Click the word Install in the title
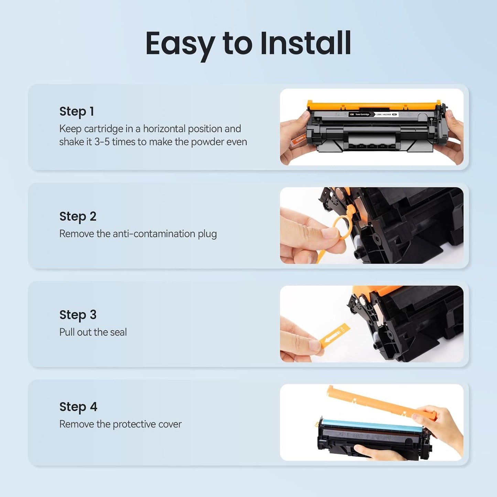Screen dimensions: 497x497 (x=305, y=43)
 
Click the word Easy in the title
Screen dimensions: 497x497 (x=180, y=44)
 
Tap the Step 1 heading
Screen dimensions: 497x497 (x=76, y=111)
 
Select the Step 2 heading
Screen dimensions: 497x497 (x=78, y=216)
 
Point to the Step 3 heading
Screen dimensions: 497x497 (x=78, y=315)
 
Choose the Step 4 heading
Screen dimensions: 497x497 (x=78, y=407)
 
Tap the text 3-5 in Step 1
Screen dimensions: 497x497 (x=102, y=142)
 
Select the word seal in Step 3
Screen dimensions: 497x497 (x=118, y=332)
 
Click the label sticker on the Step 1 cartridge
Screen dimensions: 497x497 (x=373, y=114)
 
